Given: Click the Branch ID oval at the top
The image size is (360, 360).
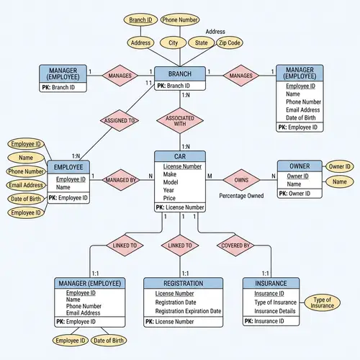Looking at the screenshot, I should click(x=140, y=19).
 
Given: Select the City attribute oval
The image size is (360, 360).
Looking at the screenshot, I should click(x=174, y=43).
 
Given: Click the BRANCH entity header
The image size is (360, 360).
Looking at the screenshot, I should click(x=180, y=73).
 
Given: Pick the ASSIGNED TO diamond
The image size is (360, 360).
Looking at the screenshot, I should click(x=120, y=121).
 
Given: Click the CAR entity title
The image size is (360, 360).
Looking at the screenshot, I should click(x=180, y=156).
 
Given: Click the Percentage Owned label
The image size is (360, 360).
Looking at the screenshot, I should click(x=240, y=196).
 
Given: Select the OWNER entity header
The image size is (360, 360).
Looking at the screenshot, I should click(x=299, y=166).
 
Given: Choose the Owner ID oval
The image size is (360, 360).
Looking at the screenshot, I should click(x=339, y=167).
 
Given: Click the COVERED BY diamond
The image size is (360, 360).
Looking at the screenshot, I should click(x=236, y=245).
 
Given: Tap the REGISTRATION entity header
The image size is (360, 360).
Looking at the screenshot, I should click(x=184, y=284).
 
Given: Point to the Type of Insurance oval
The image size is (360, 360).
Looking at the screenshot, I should click(x=322, y=302).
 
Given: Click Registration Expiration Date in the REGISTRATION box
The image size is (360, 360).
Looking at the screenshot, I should click(x=188, y=311).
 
